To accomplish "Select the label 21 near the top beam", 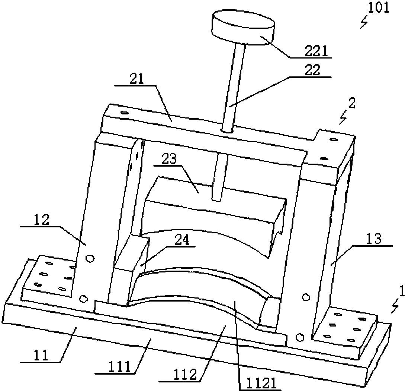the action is click(x=136, y=80).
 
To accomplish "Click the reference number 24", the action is click(x=182, y=240).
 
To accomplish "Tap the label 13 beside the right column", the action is click(x=374, y=239).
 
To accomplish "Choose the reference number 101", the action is click(x=378, y=8).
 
